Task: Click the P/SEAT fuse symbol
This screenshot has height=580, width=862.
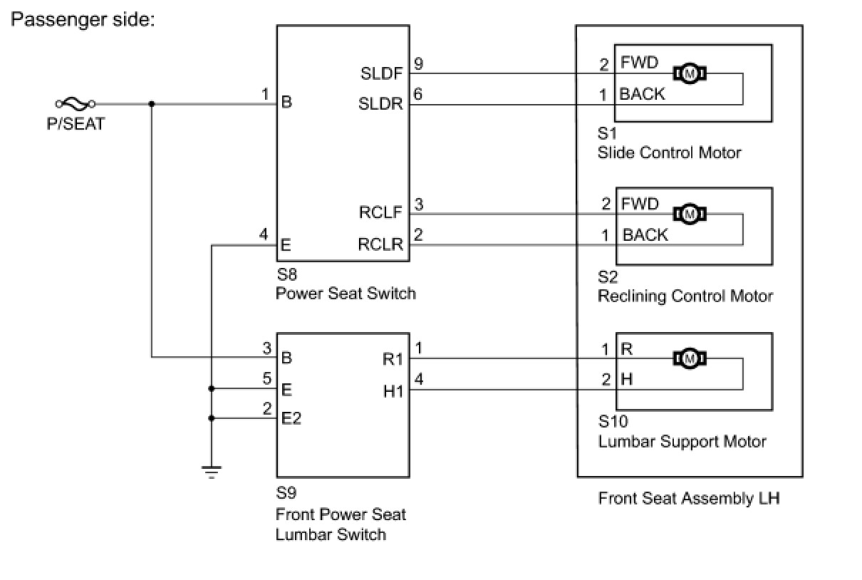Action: click(x=76, y=103)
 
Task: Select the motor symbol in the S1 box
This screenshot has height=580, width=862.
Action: click(x=689, y=73)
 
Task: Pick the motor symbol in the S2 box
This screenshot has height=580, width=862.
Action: click(x=689, y=213)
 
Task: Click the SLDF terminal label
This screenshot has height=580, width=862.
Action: click(x=382, y=73)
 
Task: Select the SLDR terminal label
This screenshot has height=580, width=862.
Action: click(x=381, y=104)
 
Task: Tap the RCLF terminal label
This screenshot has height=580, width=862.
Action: click(x=381, y=212)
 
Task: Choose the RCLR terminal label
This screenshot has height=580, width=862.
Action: click(x=381, y=244)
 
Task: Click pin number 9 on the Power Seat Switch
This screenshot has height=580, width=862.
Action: click(x=418, y=64)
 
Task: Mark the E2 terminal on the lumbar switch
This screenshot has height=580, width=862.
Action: click(x=291, y=418)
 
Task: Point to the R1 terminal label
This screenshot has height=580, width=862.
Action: click(x=393, y=359)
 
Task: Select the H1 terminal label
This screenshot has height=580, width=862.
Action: click(x=393, y=390)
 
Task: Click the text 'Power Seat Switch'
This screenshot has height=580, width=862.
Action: click(x=346, y=293)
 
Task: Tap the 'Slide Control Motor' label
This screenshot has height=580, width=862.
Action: click(x=670, y=152)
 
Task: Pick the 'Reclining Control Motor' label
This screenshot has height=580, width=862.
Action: click(x=685, y=296)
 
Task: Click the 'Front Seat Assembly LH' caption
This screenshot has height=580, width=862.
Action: click(x=689, y=498)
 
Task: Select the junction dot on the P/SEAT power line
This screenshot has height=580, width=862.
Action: click(x=152, y=103)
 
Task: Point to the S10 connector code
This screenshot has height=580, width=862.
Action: click(x=613, y=422)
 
